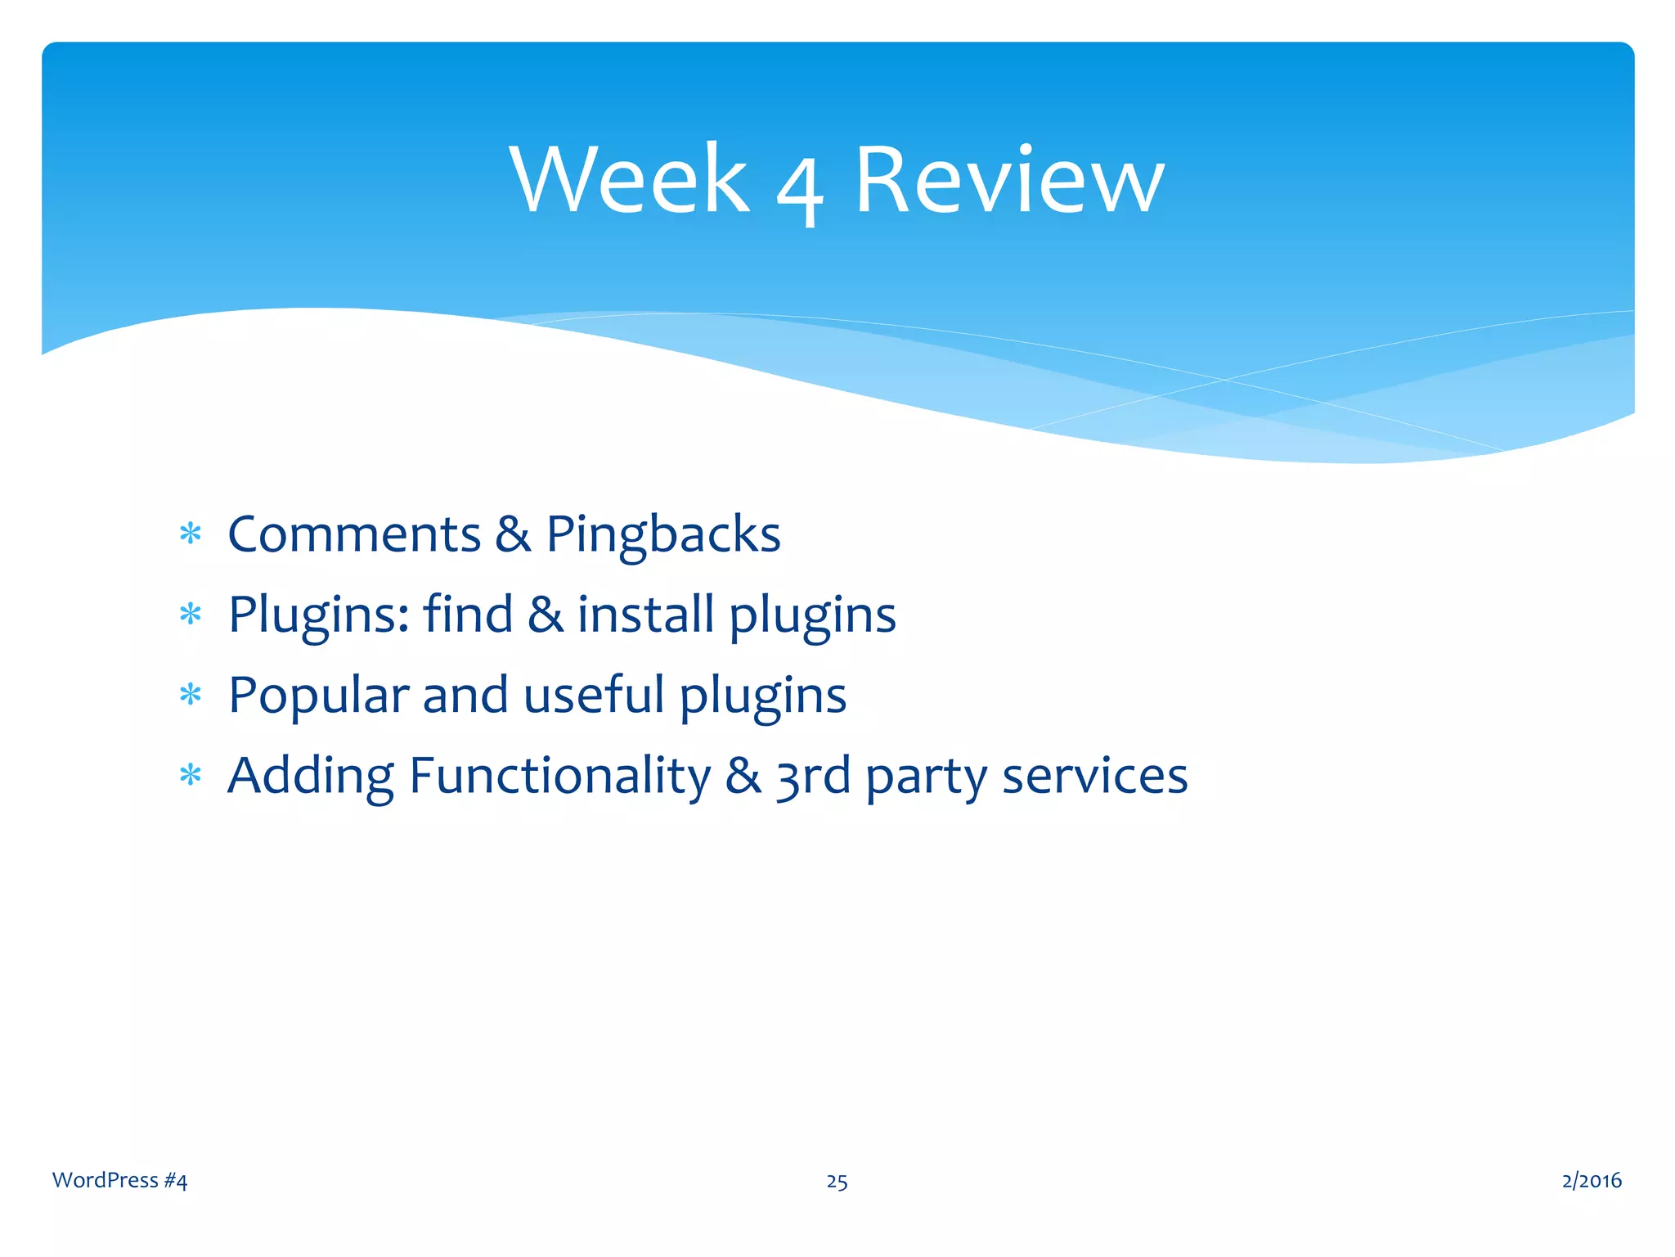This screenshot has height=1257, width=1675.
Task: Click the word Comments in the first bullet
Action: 354,534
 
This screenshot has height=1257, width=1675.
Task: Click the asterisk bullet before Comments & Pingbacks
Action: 191,534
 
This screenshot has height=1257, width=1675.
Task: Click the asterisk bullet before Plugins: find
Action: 191,614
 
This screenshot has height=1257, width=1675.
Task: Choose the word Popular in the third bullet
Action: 318,696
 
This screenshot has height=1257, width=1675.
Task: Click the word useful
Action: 594,694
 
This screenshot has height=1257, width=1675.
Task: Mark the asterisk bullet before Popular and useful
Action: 191,695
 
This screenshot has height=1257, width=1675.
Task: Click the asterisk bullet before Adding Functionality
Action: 191,775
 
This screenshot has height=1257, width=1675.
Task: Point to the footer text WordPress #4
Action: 119,1180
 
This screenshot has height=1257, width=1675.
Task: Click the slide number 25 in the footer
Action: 837,1182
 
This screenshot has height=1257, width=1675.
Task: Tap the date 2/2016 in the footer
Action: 1592,1180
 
